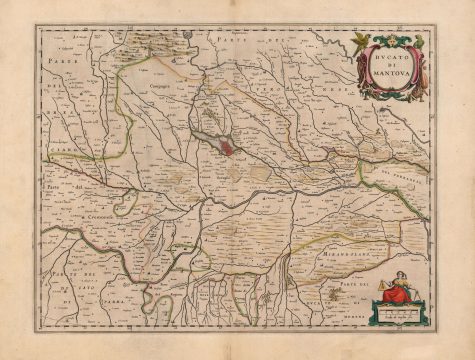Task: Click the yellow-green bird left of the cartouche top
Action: coord(359,40)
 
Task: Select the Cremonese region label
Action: coord(98,215)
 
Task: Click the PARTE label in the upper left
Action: coord(58,61)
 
